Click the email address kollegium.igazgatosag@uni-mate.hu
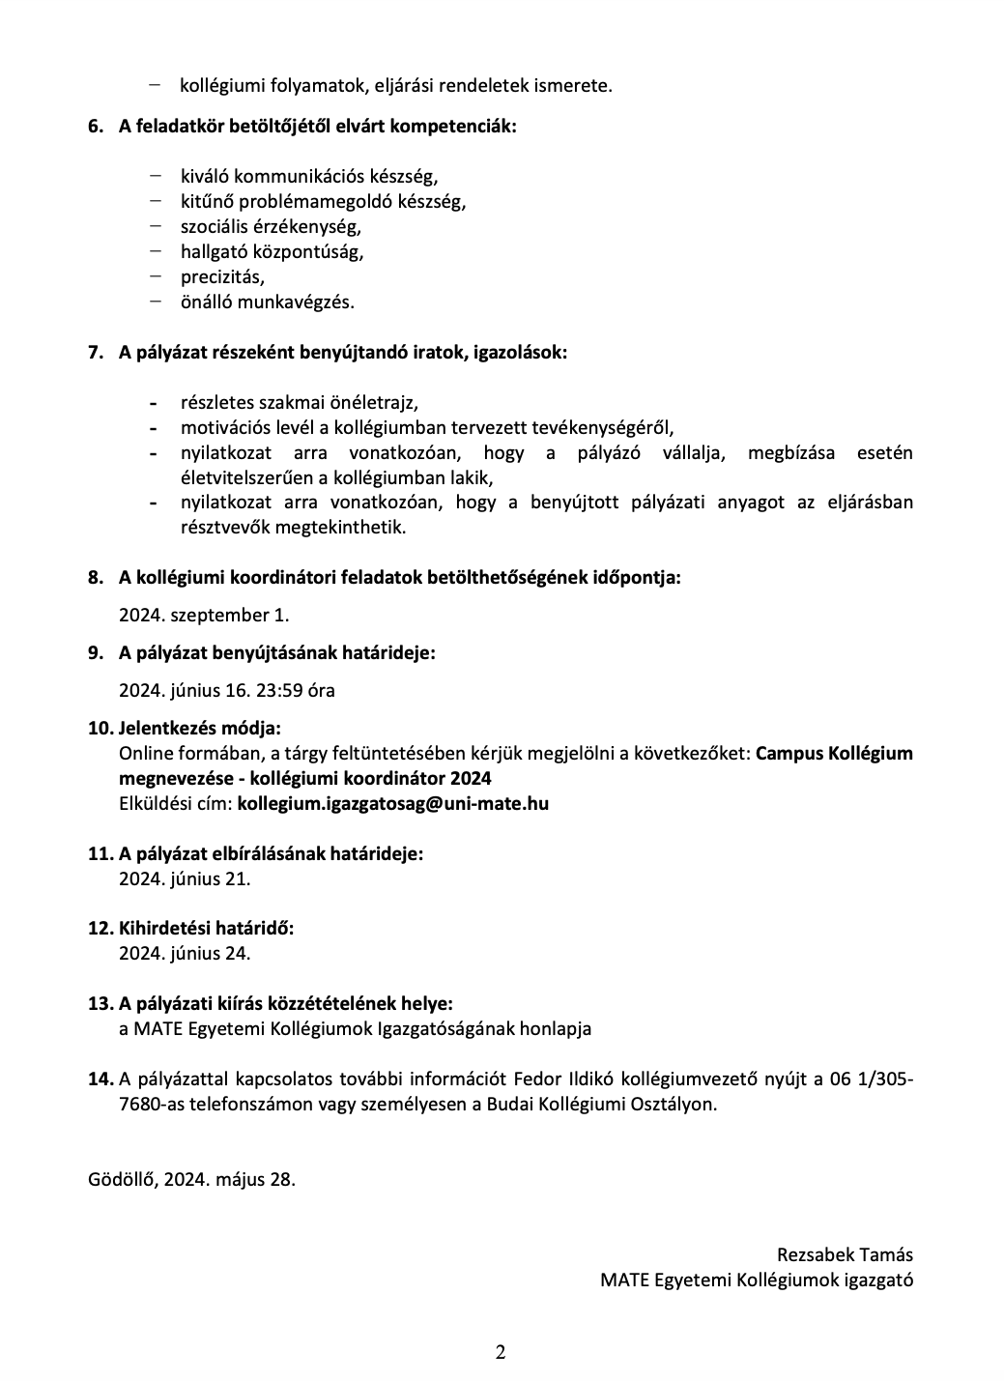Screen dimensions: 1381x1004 (x=392, y=803)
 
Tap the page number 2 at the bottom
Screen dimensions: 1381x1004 (x=501, y=1352)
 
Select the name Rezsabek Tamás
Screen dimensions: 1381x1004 (x=845, y=1254)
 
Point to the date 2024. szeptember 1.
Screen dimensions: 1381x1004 (x=204, y=615)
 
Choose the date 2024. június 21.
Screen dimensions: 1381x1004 (x=185, y=878)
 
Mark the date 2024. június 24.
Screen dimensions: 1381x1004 (x=185, y=953)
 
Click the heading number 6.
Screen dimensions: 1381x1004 (x=95, y=126)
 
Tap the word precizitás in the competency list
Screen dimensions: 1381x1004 (x=221, y=276)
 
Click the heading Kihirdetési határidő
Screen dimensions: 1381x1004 (x=206, y=928)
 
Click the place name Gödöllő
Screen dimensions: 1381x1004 (x=123, y=1179)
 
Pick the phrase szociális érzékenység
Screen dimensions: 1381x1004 (x=270, y=226)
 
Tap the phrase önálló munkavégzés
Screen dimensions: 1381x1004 (x=267, y=302)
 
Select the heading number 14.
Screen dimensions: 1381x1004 (x=100, y=1079)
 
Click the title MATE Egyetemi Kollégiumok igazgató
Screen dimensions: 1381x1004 (x=756, y=1280)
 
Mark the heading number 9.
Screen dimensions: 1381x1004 (x=95, y=653)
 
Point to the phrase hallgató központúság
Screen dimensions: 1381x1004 (x=272, y=251)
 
